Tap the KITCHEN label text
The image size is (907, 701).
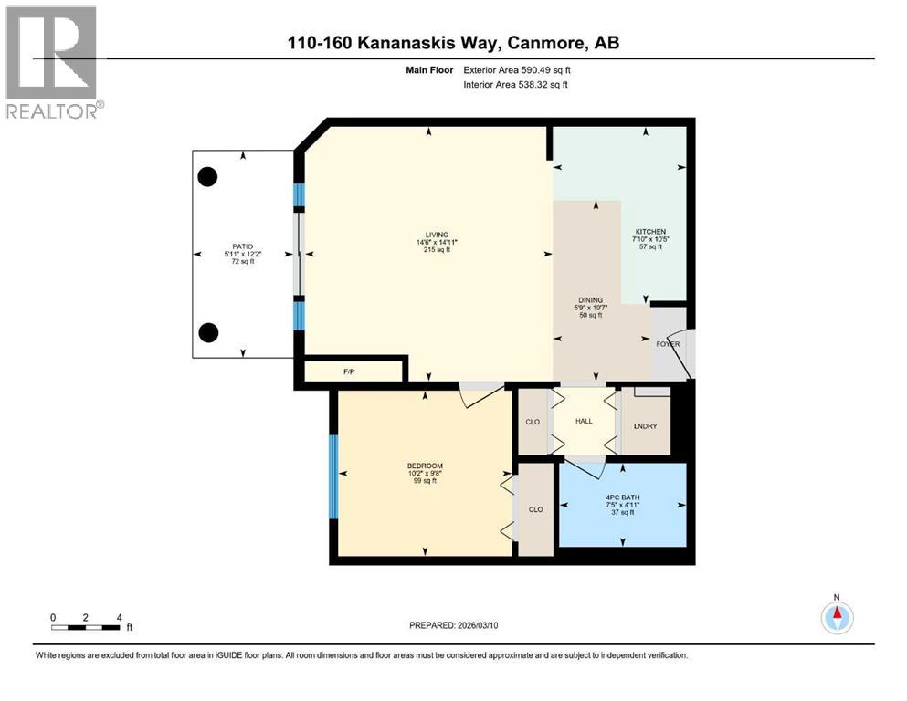click(650, 232)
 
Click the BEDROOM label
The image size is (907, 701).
click(424, 466)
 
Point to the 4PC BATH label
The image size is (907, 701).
click(621, 497)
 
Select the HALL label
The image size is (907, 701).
click(585, 421)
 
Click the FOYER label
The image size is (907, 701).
click(668, 344)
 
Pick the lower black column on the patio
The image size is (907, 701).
click(208, 331)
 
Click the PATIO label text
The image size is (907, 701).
click(242, 246)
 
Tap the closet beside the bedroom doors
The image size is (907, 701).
click(535, 509)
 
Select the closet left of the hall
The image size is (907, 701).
click(533, 422)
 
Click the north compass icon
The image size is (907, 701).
click(837, 617)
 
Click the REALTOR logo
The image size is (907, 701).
click(52, 62)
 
